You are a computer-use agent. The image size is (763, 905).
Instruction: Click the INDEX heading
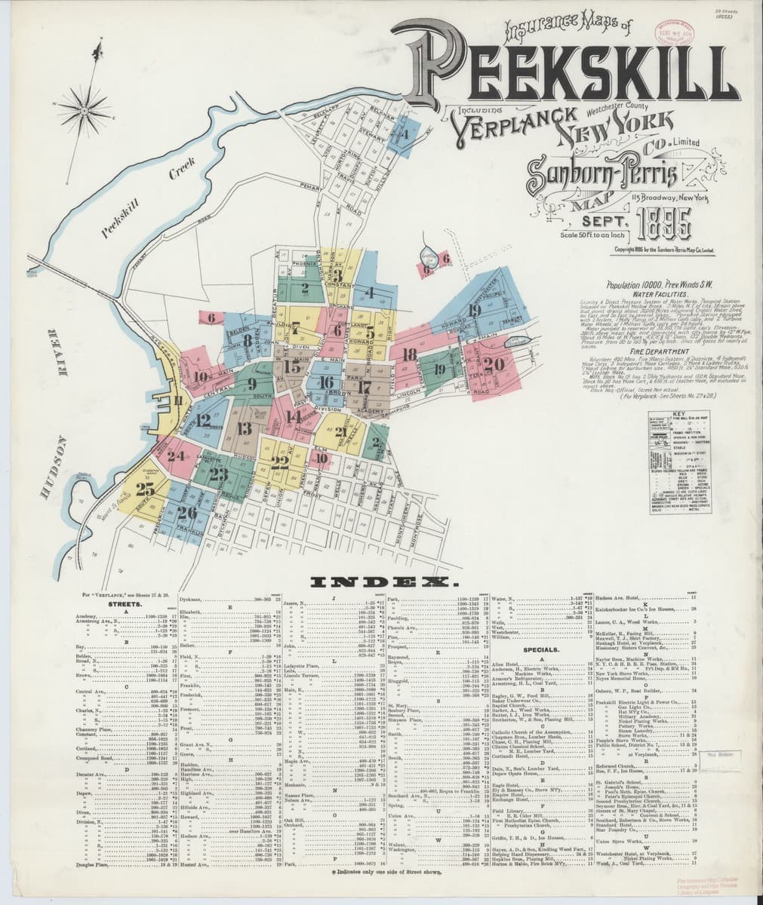380,582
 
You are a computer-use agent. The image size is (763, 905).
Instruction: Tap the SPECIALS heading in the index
539,649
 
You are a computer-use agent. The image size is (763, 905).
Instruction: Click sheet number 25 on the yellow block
146,489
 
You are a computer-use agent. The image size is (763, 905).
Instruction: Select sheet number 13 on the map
243,429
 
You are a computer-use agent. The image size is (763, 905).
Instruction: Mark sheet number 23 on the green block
220,474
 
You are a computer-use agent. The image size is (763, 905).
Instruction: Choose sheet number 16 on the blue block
326,382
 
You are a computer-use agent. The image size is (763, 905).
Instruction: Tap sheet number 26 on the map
186,513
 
